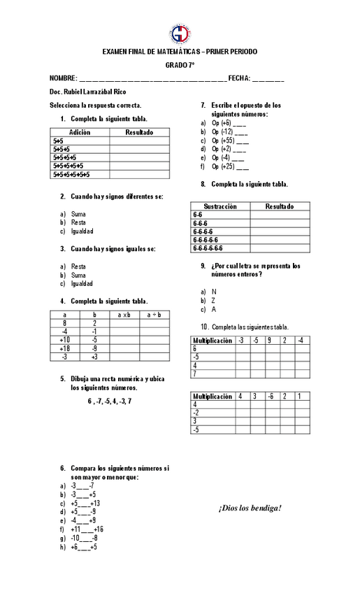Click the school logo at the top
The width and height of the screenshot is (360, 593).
tap(180, 33)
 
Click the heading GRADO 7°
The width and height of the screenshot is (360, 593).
tap(180, 65)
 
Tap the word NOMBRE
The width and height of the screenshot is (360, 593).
tap(62, 78)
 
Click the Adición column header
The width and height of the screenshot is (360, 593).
tap(80, 132)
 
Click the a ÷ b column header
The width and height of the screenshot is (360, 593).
tap(154, 315)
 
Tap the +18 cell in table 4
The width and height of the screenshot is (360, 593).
tap(64, 348)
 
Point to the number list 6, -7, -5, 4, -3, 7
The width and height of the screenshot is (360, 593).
tap(109, 401)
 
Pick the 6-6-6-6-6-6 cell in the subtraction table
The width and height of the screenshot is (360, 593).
tap(208, 248)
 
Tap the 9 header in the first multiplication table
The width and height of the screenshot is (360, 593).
tap(268, 341)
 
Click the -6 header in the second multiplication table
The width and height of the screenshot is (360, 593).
tap(270, 396)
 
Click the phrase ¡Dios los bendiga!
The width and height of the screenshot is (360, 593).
tap(250, 508)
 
